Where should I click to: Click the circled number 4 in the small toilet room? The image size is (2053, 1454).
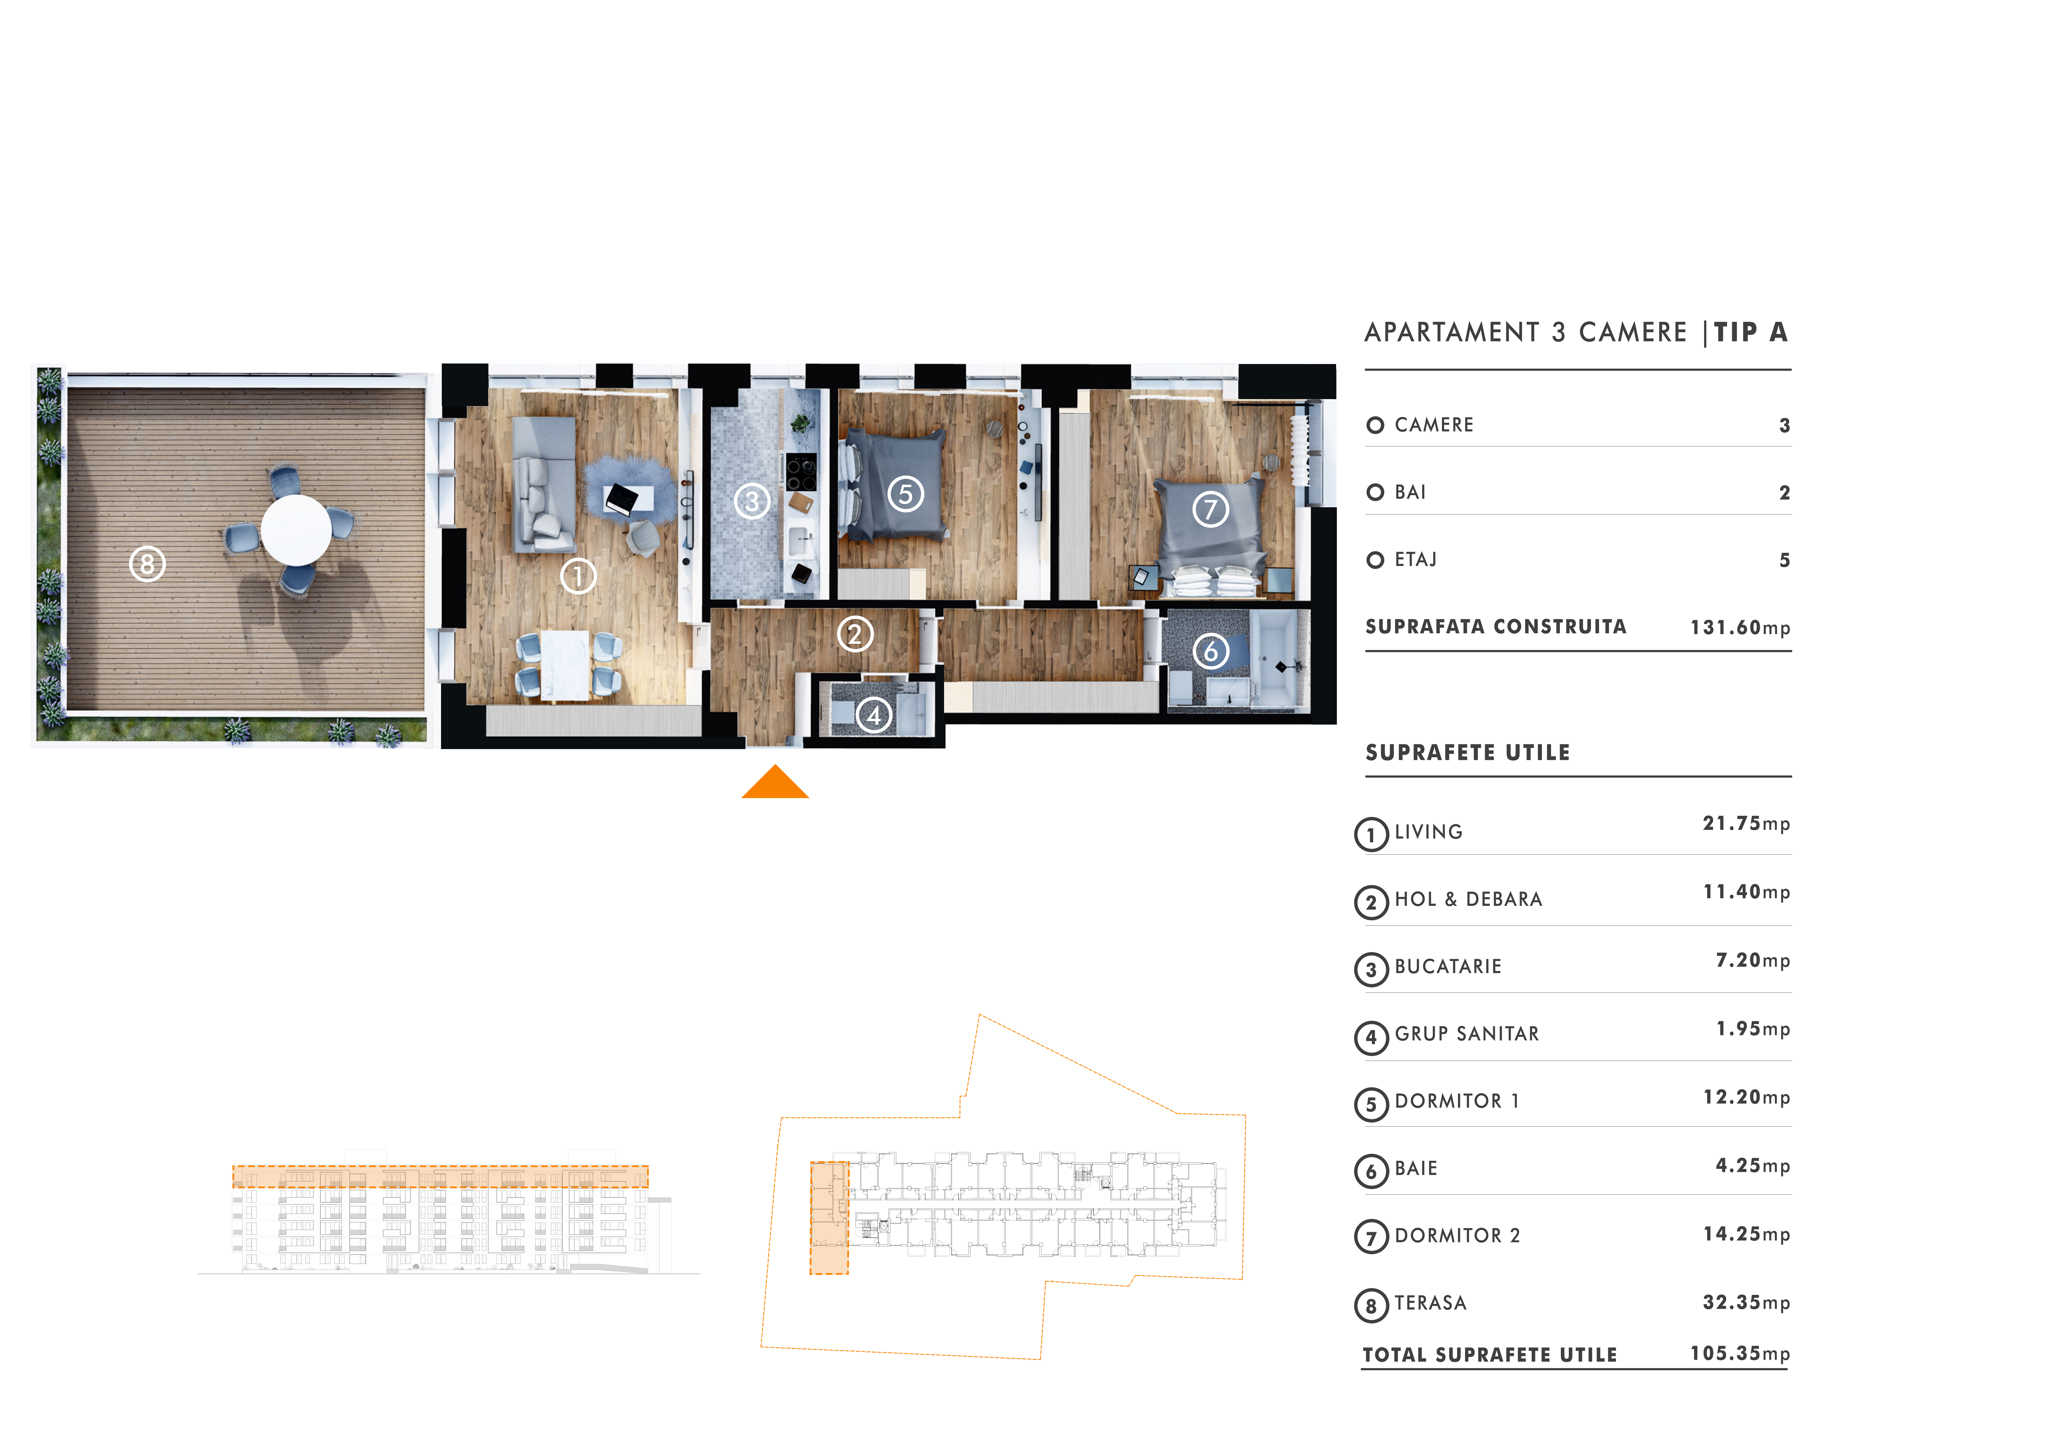coord(874,715)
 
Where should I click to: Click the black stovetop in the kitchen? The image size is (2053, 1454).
coord(801,472)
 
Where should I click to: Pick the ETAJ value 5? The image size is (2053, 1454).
coord(1784,561)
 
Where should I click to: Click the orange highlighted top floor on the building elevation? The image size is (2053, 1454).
coord(441,1176)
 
